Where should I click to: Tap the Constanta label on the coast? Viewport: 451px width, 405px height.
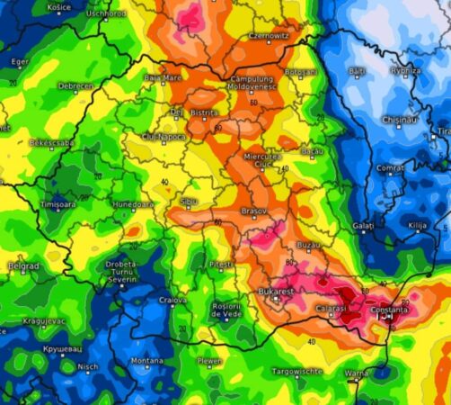pyautogui.click(x=389, y=310)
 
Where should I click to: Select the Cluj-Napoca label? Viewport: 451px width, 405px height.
pyautogui.click(x=164, y=137)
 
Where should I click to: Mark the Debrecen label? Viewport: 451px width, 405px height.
pyautogui.click(x=75, y=85)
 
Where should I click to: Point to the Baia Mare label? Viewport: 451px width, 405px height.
pyautogui.click(x=162, y=77)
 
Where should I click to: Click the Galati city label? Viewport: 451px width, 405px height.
pyautogui.click(x=363, y=225)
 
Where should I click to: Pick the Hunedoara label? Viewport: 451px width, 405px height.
pyautogui.click(x=133, y=204)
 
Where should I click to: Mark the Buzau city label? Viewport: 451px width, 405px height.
pyautogui.click(x=308, y=245)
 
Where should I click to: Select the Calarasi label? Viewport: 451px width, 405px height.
pyautogui.click(x=330, y=308)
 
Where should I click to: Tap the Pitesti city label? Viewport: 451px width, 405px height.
pyautogui.click(x=219, y=265)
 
